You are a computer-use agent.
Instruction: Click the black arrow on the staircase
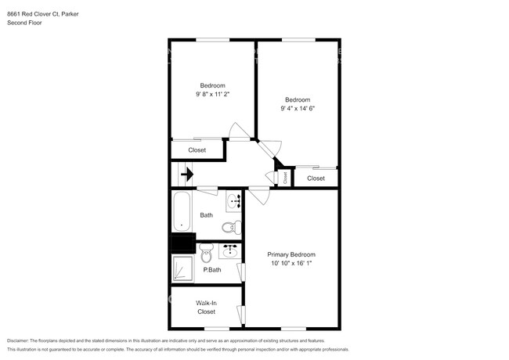point(187,175)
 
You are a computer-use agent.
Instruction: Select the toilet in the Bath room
point(228,228)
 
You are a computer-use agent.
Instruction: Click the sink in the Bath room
point(233,201)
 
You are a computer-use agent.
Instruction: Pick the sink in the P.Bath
point(230,251)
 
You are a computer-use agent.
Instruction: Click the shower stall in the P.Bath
point(182,268)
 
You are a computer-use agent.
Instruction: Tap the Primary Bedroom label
point(291,254)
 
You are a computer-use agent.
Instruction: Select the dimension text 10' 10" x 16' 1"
point(291,264)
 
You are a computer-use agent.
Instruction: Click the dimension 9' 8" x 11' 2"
point(212,94)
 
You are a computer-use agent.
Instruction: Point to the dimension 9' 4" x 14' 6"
point(298,108)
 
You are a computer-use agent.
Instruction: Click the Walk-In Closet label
point(206,306)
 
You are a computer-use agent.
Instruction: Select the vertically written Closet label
point(285,178)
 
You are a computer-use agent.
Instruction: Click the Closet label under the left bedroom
point(197,149)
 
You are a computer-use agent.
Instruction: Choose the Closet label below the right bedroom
point(316,178)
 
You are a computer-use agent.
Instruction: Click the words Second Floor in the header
point(25,23)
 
